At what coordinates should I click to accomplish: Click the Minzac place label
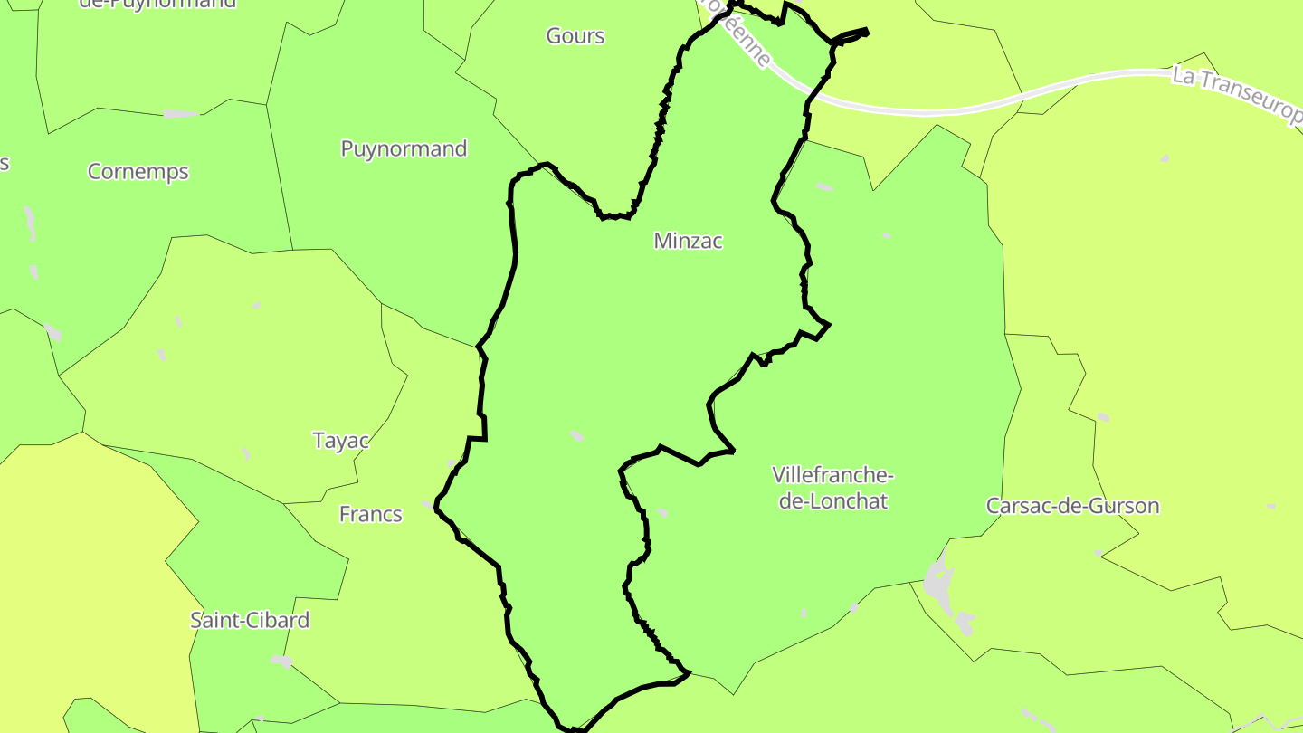coord(688,241)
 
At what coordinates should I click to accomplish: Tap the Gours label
coord(575,36)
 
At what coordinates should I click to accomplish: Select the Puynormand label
coord(404,148)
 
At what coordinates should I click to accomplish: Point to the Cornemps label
coord(138,171)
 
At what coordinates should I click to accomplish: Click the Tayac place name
coord(341,441)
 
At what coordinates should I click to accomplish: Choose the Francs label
coord(370,514)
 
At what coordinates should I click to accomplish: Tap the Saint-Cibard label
coord(249,620)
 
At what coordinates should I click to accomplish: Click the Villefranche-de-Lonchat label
coord(832,488)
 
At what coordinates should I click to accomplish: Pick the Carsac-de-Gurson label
coord(1072,506)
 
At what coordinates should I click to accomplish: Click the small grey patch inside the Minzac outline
coord(576,436)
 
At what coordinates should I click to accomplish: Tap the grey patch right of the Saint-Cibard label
coord(281,662)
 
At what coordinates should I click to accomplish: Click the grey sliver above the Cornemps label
coord(180,114)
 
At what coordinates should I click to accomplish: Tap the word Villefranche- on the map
coord(832,475)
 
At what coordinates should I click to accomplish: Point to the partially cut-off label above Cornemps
coord(157,4)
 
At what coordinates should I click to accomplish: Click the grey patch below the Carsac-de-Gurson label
coord(1098,553)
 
